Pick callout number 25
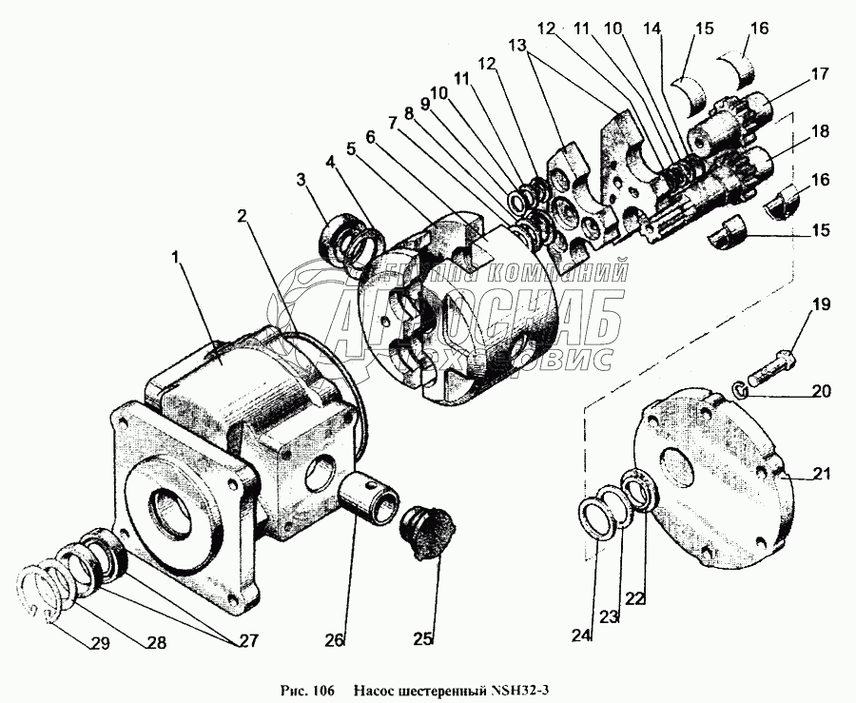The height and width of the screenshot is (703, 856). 422,637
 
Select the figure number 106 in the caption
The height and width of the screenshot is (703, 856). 320,690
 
